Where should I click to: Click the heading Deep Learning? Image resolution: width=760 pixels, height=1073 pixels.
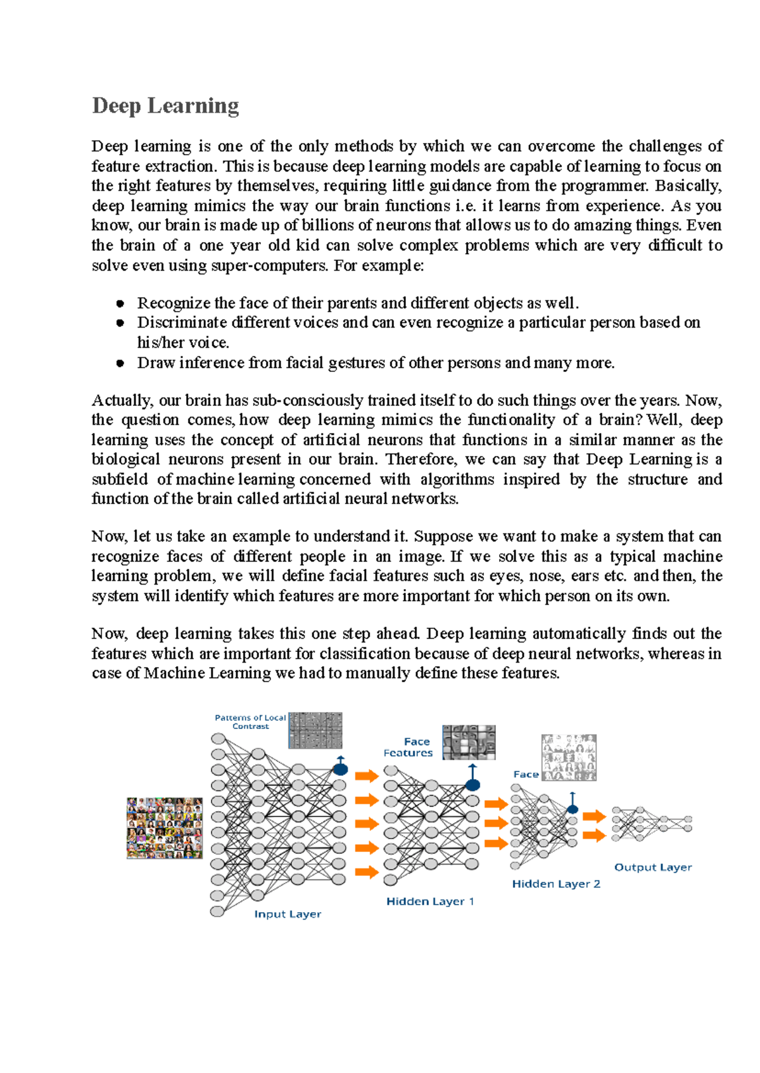(x=165, y=106)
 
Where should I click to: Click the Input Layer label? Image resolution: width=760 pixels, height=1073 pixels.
(x=288, y=914)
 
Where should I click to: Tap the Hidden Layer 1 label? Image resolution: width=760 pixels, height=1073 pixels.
(x=430, y=901)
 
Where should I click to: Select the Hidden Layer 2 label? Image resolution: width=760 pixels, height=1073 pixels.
(x=556, y=884)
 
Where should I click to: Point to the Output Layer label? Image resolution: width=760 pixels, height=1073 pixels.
(x=653, y=867)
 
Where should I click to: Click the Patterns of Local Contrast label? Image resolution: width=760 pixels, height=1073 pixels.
(x=250, y=721)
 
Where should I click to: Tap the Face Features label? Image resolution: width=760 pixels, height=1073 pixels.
(x=408, y=747)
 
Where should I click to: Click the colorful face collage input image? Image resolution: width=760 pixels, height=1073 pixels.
(x=165, y=828)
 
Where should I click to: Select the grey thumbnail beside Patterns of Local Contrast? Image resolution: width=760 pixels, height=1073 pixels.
(x=315, y=730)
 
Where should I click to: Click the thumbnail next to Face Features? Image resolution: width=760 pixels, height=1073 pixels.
(x=469, y=742)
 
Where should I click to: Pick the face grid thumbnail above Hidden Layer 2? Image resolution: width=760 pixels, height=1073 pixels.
(x=569, y=758)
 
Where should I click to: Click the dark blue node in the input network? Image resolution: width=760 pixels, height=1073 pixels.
(x=340, y=770)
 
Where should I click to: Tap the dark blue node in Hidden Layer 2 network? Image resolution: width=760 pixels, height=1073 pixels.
(x=573, y=809)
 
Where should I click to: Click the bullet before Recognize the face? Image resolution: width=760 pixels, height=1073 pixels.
(x=120, y=303)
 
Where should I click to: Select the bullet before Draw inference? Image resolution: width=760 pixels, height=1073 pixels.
(x=120, y=363)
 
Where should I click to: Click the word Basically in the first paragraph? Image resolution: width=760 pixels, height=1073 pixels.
(x=688, y=186)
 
